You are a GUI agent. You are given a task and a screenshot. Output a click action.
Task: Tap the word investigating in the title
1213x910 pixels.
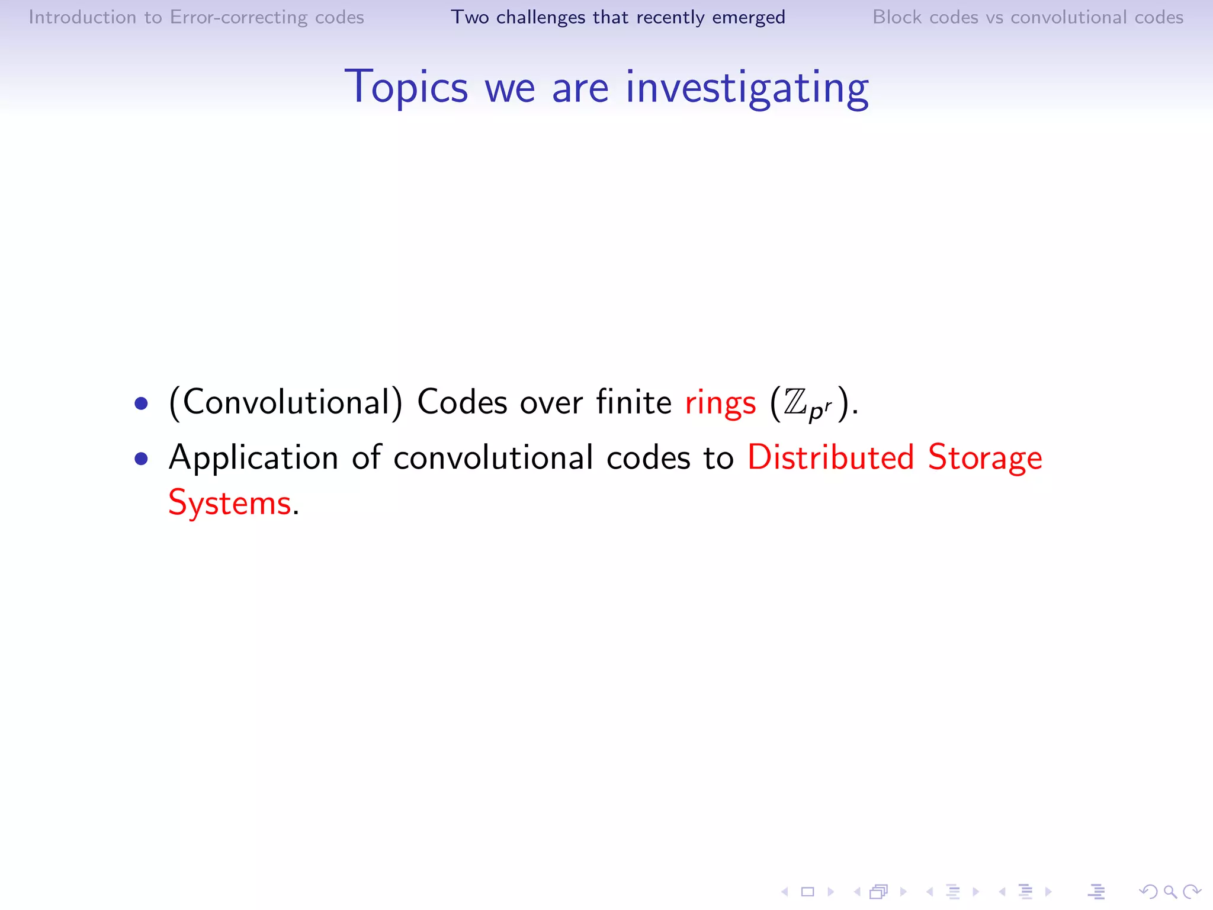tap(747, 88)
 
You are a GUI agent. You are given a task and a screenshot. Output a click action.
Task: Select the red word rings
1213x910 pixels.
tap(720, 403)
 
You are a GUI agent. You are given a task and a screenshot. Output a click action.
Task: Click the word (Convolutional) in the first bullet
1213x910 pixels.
tap(285, 402)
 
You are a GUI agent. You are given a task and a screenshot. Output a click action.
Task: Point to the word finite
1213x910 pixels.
tap(633, 402)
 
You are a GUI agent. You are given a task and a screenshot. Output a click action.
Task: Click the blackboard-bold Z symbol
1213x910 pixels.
tap(795, 402)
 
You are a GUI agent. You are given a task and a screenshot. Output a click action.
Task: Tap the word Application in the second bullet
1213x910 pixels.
tap(253, 458)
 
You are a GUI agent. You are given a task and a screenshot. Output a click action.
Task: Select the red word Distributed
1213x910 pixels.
tap(831, 457)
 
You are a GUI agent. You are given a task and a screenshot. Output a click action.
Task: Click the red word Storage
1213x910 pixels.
tap(984, 458)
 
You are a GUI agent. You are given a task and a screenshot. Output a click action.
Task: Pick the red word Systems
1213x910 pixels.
tap(230, 503)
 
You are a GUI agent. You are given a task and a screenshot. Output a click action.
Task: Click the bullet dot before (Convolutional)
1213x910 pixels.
tap(141, 404)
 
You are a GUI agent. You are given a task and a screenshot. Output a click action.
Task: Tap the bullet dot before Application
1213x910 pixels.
tap(141, 459)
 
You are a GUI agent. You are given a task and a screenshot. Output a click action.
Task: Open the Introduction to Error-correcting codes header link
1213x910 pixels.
tap(196, 17)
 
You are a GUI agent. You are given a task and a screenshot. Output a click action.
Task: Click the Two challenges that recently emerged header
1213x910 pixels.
tap(618, 17)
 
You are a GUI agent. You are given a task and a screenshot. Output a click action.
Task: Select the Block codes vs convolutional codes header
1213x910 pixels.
tap(1028, 17)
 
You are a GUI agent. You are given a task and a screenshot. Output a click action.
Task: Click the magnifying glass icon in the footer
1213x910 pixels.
tap(1170, 891)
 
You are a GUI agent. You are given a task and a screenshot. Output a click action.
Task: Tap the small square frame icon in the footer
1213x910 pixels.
tap(807, 891)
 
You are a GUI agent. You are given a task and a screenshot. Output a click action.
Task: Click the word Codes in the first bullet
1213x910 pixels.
tap(462, 402)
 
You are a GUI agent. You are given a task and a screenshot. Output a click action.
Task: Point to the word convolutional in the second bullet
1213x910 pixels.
tap(493, 458)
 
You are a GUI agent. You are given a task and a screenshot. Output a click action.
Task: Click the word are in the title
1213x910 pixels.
tap(580, 88)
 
